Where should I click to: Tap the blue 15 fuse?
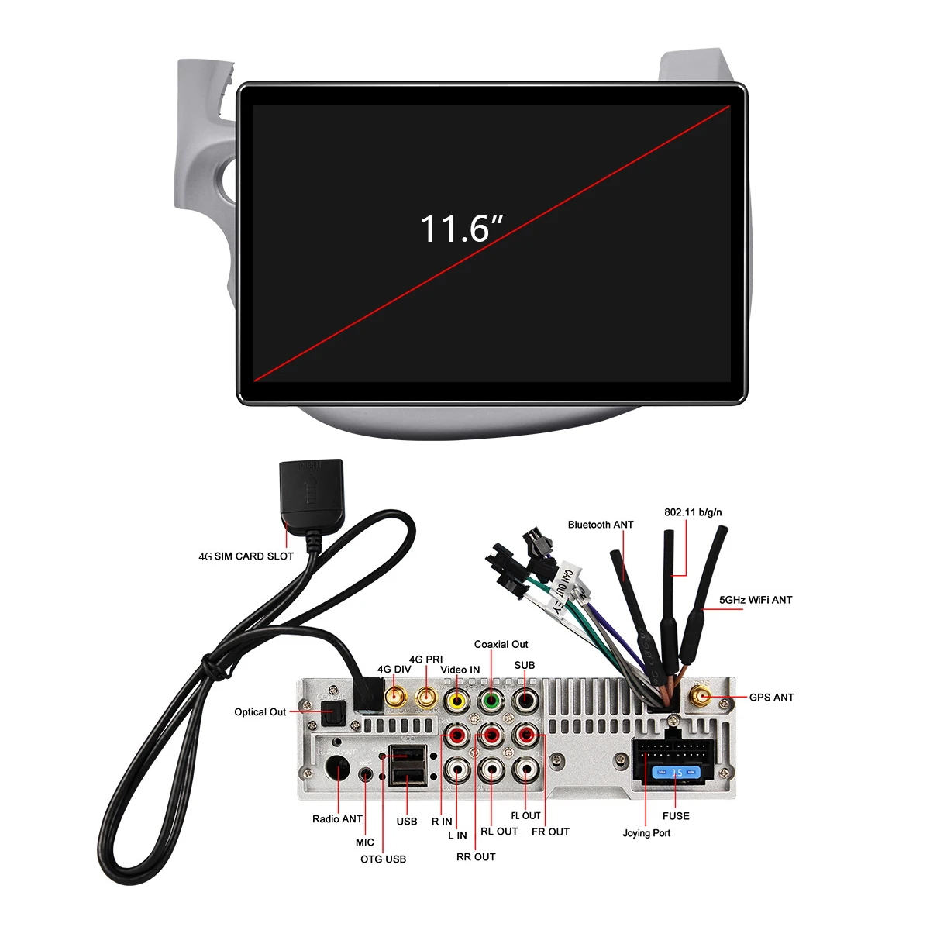coord(676,773)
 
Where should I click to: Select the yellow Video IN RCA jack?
coord(456,701)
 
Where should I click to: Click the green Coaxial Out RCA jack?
coord(491,701)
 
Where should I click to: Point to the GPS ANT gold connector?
coord(701,697)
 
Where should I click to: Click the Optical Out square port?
coord(332,712)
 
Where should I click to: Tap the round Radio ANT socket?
coord(337,768)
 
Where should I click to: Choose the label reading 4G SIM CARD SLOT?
coord(246,556)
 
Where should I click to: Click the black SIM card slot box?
coord(312,494)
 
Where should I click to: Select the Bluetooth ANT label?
coord(601,525)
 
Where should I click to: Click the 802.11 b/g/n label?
coord(693,512)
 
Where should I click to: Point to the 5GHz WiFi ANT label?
coord(756,600)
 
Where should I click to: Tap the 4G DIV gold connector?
coord(395,697)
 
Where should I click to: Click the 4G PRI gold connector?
coord(426,697)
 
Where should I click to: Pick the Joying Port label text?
coord(646,833)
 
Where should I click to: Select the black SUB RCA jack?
coord(525,700)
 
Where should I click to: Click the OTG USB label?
coord(383,859)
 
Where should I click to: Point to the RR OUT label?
coord(476,856)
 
